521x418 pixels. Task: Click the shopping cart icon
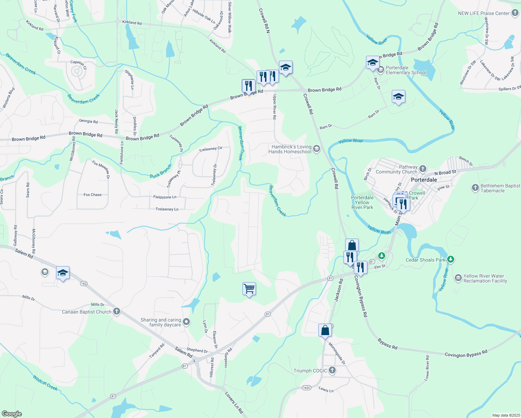[x=249, y=289]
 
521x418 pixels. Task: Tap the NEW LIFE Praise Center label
[x=484, y=13]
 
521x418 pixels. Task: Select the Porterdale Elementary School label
[x=406, y=70]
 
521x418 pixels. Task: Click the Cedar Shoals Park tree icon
[x=451, y=260]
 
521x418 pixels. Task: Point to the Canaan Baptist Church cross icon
[x=117, y=312]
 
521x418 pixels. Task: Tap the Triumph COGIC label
[x=310, y=371]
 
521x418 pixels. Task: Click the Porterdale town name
[x=424, y=180]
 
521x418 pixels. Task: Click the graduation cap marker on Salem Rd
[x=63, y=273]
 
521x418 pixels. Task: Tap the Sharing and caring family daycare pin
[x=186, y=322]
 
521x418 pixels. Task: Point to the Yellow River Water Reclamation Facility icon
[x=458, y=278]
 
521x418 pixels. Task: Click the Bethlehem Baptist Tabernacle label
[x=500, y=188]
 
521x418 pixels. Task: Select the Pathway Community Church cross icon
[x=423, y=169]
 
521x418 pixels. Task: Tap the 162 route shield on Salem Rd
[x=84, y=284]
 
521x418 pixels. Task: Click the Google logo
[x=12, y=414]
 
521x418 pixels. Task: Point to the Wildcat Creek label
[x=45, y=382]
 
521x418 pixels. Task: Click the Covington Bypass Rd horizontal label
[x=466, y=354]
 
